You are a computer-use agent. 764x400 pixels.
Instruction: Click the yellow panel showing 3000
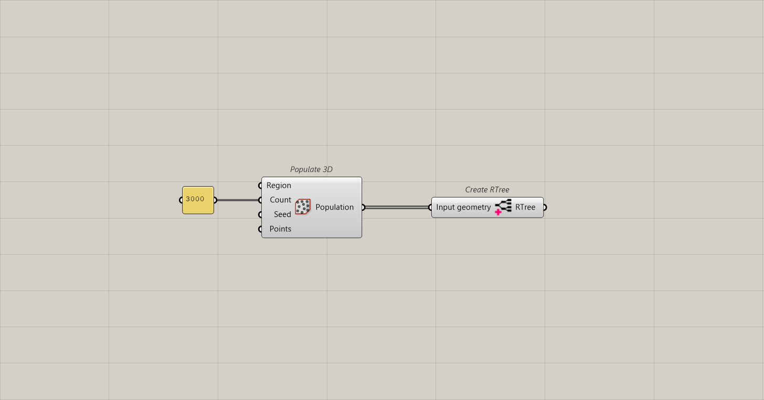[198, 200]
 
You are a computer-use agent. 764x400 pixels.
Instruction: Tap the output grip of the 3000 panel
[215, 200]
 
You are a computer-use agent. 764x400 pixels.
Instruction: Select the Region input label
[279, 186]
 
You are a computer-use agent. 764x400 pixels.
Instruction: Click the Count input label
[280, 200]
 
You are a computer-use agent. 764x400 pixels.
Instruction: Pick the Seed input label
[282, 214]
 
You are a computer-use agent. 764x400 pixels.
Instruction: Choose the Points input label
[280, 229]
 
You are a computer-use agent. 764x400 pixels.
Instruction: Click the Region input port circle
[261, 186]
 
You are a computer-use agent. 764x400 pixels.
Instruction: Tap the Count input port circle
[261, 200]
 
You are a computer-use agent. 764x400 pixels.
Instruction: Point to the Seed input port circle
[261, 214]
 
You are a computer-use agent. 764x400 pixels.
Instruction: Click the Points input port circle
[261, 229]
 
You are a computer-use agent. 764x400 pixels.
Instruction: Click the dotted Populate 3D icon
[303, 207]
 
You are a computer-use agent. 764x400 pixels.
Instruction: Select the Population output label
[334, 207]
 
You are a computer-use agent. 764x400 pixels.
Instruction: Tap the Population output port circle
[363, 207]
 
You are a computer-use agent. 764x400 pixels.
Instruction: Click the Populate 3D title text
[311, 169]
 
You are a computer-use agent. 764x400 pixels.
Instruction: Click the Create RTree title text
[487, 190]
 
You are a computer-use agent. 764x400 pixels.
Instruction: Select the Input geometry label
[463, 207]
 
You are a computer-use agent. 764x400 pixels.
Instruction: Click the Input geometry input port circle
[431, 207]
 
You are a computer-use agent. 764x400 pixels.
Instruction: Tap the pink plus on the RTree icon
[498, 212]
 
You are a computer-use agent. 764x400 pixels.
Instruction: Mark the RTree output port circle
[544, 207]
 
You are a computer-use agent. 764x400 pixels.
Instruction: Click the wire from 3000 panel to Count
[238, 200]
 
